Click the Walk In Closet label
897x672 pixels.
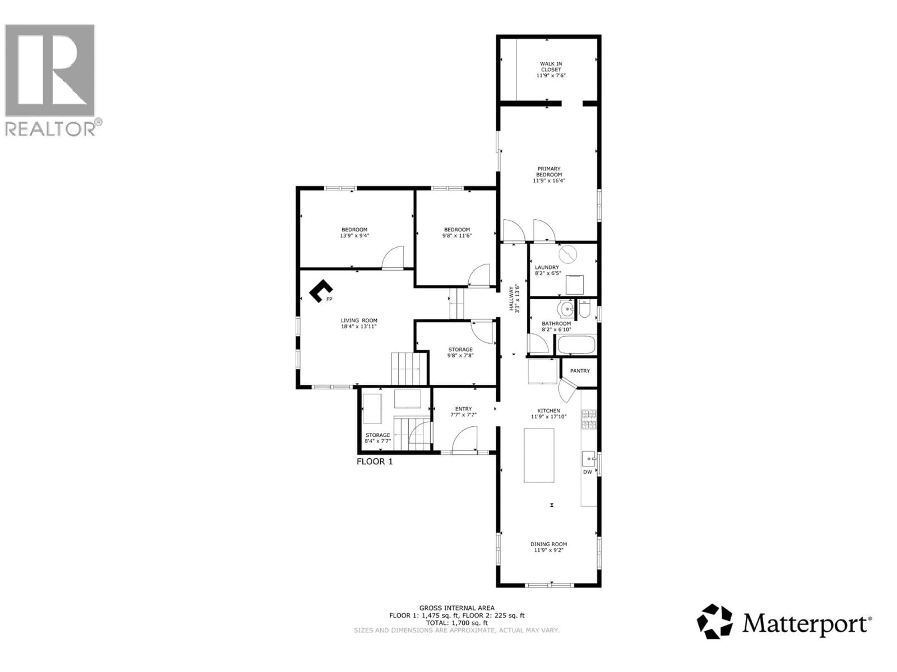pos(551,66)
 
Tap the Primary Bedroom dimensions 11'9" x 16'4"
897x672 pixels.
pos(549,181)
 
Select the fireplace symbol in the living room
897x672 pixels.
pos(320,290)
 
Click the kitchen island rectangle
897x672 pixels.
pos(539,455)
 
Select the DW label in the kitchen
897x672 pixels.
pos(587,472)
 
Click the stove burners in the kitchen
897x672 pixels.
pos(589,419)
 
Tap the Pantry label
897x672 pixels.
pos(580,371)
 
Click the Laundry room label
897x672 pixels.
pos(547,267)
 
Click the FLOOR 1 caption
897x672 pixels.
pos(374,461)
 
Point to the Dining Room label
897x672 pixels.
pos(549,544)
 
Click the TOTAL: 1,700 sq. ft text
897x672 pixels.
pos(457,623)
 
